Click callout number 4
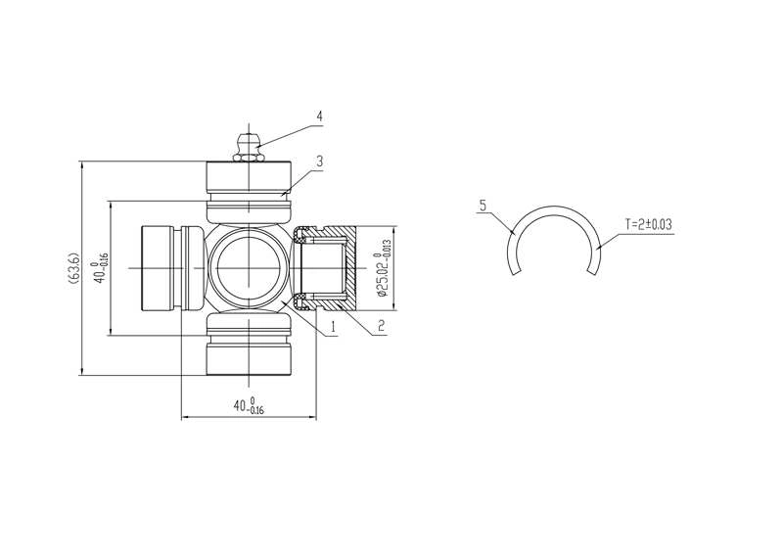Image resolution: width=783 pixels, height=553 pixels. pos(318,115)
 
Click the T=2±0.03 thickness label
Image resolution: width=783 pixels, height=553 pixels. pos(648,224)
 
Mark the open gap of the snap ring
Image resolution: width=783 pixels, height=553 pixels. pos(555,269)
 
